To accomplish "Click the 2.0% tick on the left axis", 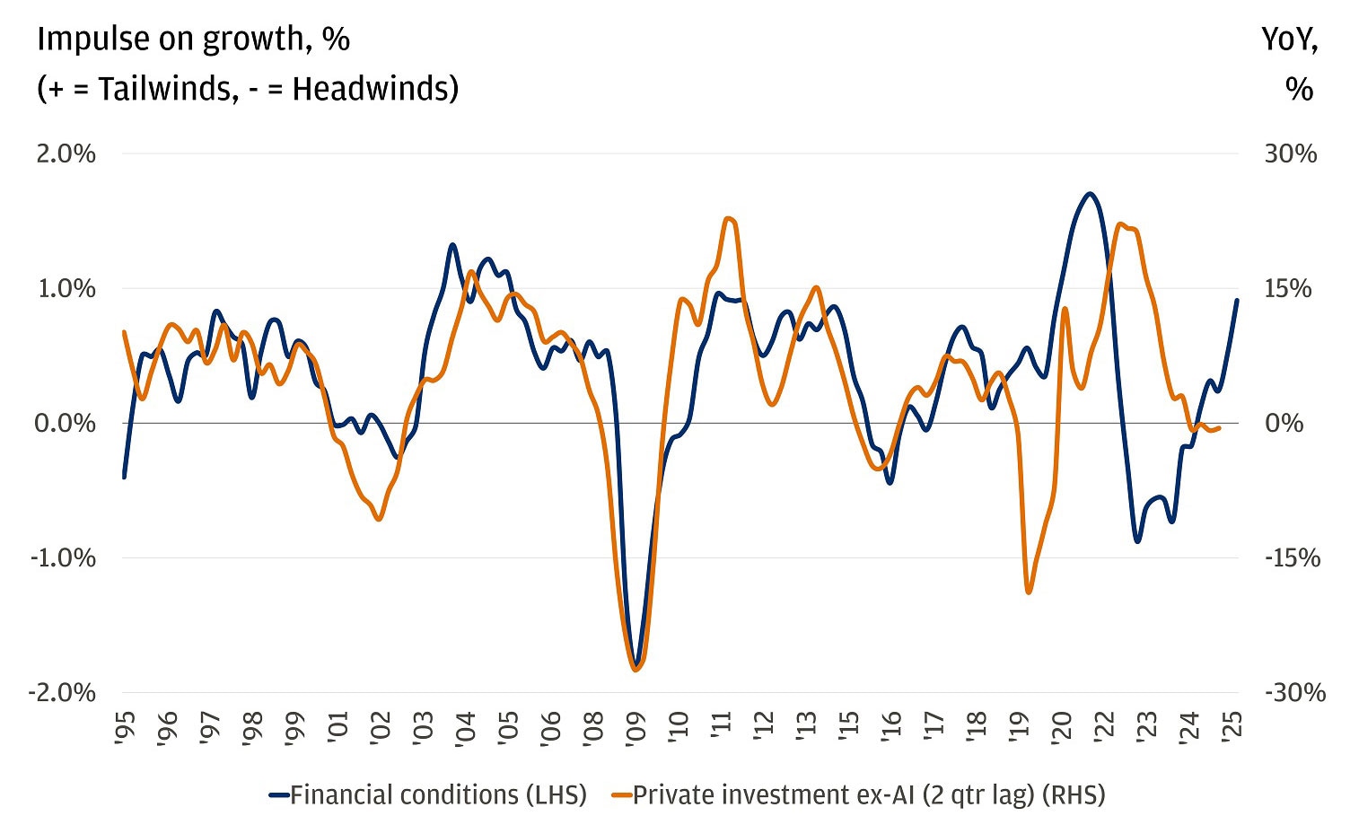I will [65, 154].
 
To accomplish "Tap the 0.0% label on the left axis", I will [65, 423].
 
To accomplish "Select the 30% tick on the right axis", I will [1290, 154].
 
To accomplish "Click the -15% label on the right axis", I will [1293, 557].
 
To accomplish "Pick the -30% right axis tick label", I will [1294, 692].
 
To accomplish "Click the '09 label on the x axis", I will [636, 724].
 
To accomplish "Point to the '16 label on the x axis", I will [891, 724].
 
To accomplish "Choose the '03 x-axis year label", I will [423, 724].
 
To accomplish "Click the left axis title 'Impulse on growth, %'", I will [193, 39].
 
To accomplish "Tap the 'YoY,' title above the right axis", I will [1289, 39].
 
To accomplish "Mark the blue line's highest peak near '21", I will [1089, 194].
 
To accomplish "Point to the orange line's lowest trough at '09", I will [636, 669].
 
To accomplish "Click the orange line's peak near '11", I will [728, 218].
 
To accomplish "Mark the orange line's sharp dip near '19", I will [1029, 592].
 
